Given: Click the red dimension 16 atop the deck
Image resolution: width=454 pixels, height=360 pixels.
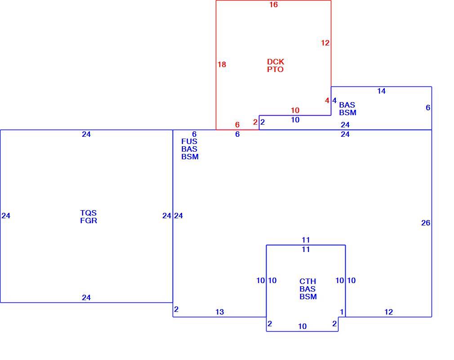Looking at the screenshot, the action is pyautogui.click(x=273, y=4).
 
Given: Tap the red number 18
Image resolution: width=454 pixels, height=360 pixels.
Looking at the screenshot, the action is pyautogui.click(x=222, y=64).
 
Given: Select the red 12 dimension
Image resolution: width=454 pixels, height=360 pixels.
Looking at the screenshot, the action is pyautogui.click(x=325, y=43).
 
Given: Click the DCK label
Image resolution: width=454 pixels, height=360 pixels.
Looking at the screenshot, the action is pyautogui.click(x=276, y=62).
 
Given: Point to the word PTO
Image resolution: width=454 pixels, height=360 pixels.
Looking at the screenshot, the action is pyautogui.click(x=275, y=70).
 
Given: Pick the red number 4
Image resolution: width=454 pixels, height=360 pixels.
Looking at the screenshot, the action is pyautogui.click(x=327, y=101).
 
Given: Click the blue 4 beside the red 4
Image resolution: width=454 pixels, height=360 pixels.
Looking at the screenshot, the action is pyautogui.click(x=334, y=101).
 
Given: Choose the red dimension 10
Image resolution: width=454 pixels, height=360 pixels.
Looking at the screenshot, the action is pyautogui.click(x=295, y=110).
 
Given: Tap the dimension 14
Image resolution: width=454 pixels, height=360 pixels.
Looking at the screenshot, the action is pyautogui.click(x=381, y=91).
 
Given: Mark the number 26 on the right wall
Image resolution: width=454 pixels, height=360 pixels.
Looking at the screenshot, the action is pyautogui.click(x=426, y=223).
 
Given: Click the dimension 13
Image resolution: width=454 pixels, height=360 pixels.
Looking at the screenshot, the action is pyautogui.click(x=220, y=312).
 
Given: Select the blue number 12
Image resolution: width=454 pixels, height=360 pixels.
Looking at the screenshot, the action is pyautogui.click(x=388, y=312).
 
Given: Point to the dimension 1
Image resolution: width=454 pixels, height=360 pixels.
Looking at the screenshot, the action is pyautogui.click(x=342, y=312).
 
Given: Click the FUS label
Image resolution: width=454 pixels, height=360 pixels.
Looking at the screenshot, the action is pyautogui.click(x=189, y=141).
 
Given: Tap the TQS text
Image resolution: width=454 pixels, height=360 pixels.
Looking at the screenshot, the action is pyautogui.click(x=88, y=213).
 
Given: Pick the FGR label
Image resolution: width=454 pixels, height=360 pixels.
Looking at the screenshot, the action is pyautogui.click(x=89, y=220).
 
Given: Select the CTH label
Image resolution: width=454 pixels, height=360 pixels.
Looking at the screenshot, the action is pyautogui.click(x=307, y=281).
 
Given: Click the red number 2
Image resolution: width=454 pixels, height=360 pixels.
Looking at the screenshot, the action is pyautogui.click(x=255, y=122).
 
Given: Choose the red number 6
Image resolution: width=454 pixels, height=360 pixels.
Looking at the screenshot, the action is pyautogui.click(x=237, y=125).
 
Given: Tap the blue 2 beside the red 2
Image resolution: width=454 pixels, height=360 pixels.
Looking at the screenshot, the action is pyautogui.click(x=263, y=122).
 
